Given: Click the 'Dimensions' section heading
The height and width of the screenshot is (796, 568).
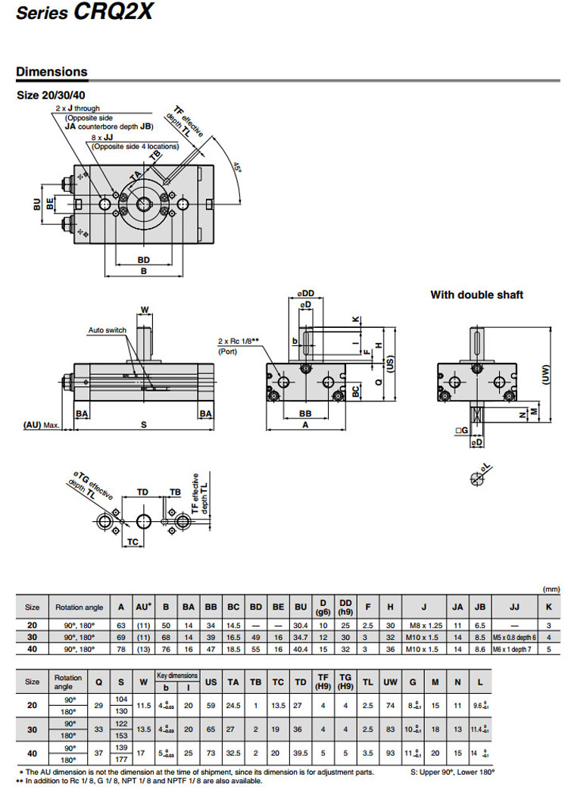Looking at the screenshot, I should click(x=51, y=72).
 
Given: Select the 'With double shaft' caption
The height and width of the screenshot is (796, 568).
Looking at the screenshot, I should click(x=476, y=295).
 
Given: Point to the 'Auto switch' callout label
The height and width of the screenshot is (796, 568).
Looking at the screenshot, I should click(x=107, y=330).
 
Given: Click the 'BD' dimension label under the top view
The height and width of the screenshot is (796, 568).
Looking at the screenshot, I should click(x=144, y=260).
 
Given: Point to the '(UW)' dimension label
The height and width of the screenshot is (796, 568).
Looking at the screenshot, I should click(x=547, y=373).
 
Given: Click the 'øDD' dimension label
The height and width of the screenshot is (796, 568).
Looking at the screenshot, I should click(x=307, y=293).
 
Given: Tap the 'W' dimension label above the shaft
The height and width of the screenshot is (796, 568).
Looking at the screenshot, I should click(x=145, y=309).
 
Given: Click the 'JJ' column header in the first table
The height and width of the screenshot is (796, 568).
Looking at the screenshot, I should click(x=514, y=607).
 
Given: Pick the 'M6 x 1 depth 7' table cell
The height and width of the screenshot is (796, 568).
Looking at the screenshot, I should click(x=514, y=650).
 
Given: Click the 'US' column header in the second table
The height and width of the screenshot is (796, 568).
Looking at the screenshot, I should click(x=211, y=682).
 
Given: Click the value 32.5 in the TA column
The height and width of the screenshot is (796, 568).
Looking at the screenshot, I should click(x=234, y=754).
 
